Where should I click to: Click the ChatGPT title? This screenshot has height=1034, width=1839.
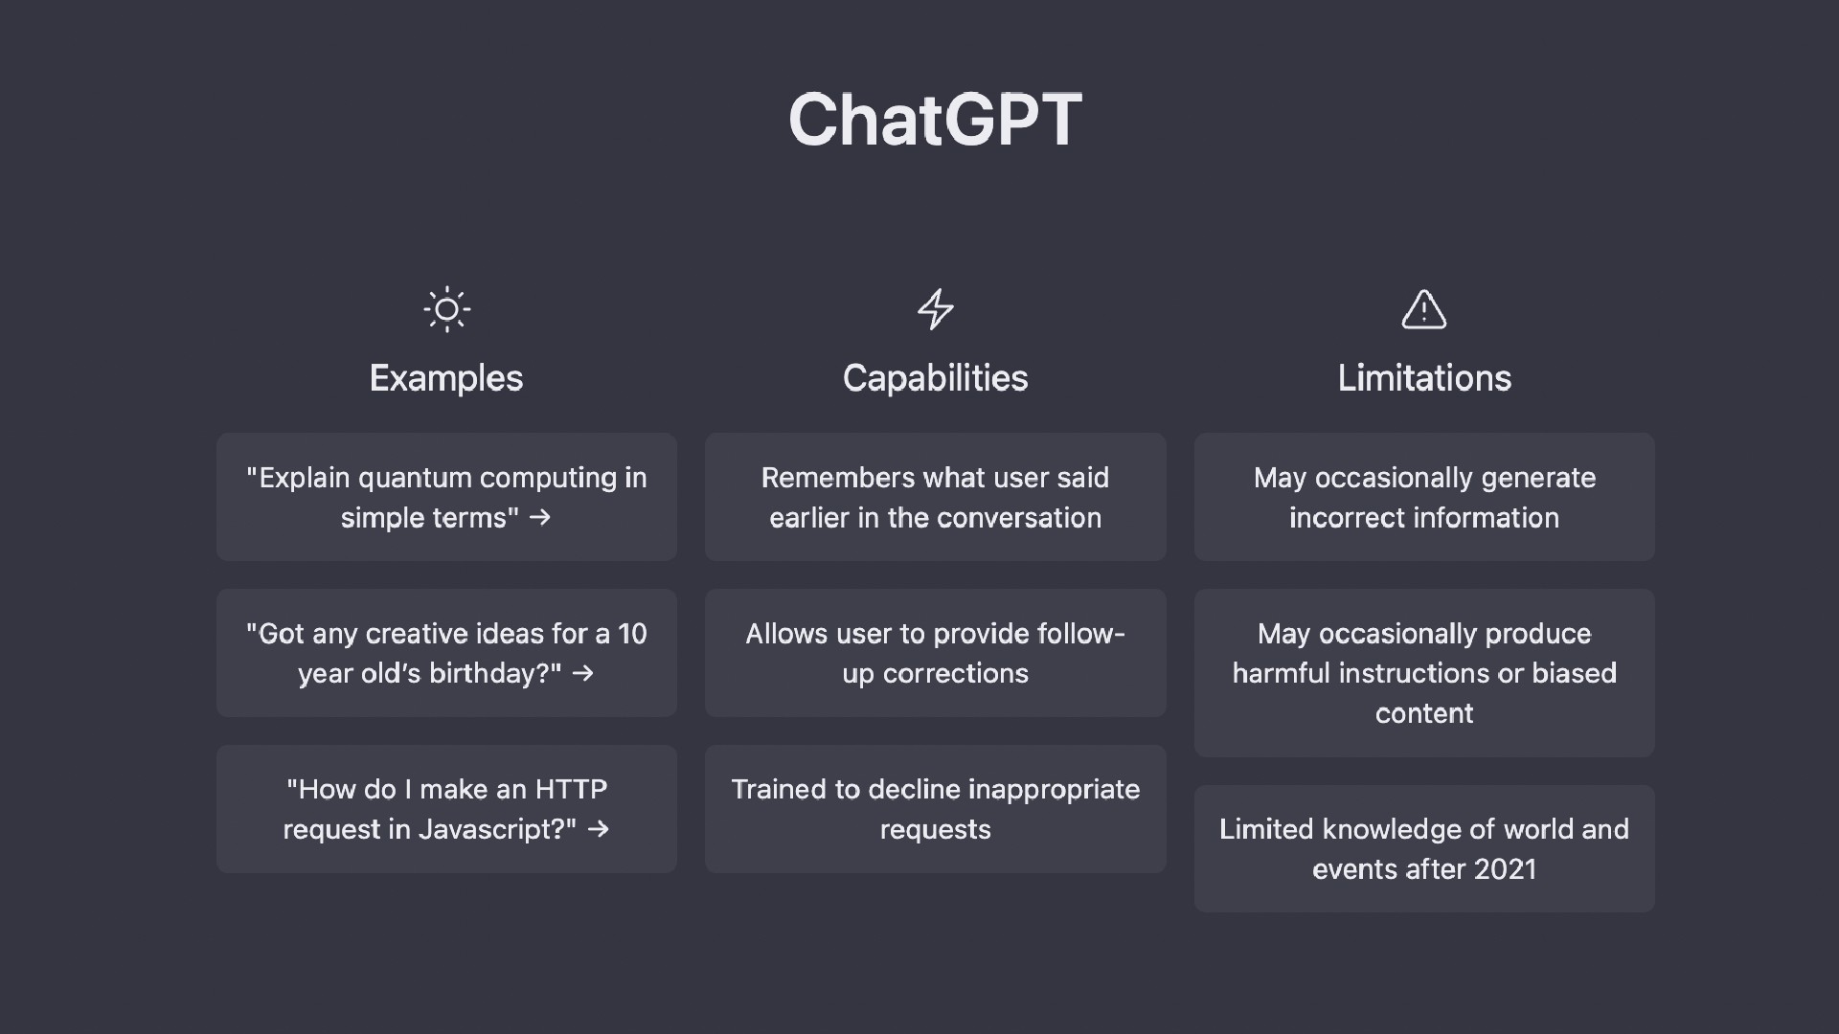(x=935, y=120)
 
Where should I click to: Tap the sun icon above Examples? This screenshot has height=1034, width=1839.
(x=446, y=309)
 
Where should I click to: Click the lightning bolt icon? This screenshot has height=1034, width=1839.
(x=935, y=309)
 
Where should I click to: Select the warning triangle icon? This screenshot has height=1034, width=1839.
(x=1424, y=309)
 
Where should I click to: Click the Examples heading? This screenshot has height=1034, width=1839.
(x=446, y=378)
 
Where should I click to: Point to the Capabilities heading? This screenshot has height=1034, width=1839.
(x=935, y=378)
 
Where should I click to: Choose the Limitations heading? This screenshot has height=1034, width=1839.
(x=1424, y=378)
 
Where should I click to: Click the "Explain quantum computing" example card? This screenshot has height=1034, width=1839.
(x=446, y=497)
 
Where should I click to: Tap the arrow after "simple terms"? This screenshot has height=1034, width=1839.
(x=540, y=517)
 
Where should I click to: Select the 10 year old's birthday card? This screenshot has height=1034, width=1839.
(x=446, y=653)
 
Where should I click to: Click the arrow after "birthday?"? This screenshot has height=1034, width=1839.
(x=582, y=673)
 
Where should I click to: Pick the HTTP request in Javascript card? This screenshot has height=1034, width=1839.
(x=446, y=809)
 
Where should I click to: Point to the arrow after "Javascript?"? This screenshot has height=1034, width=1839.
(x=599, y=829)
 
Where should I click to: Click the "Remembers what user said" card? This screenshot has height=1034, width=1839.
(x=935, y=497)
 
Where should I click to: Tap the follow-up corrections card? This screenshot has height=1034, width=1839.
(x=935, y=653)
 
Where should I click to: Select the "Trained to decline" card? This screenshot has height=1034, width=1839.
(x=935, y=809)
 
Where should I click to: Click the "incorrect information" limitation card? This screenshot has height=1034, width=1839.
(x=1424, y=497)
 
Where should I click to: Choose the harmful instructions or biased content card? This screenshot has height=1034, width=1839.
(x=1424, y=673)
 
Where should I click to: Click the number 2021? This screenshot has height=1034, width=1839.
(x=1505, y=869)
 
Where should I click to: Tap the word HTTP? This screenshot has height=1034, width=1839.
(x=571, y=789)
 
